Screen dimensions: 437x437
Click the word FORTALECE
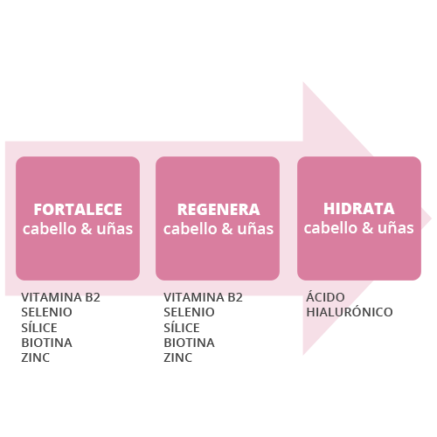point(78,210)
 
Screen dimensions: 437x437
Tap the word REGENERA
point(218,210)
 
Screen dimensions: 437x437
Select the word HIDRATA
point(359,209)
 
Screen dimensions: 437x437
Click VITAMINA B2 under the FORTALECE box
point(60,297)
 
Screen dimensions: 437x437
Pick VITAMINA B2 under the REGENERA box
point(203,297)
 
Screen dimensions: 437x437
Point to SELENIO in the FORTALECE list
point(46,312)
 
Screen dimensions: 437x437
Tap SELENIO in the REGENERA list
point(189,312)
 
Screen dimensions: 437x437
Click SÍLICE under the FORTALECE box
point(39,327)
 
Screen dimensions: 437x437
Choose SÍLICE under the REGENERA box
point(182,327)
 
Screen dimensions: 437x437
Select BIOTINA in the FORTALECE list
point(46,343)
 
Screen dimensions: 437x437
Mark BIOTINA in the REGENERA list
point(189,343)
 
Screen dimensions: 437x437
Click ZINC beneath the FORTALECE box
point(35,357)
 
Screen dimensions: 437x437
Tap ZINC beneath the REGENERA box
point(177,357)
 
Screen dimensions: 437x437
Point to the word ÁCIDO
point(325,296)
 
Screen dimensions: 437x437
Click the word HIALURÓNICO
point(350,311)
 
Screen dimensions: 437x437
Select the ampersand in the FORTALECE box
point(87,229)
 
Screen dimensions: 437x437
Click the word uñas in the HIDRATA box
point(396,228)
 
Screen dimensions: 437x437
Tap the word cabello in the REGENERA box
point(191,229)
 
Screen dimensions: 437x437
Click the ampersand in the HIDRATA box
point(368,228)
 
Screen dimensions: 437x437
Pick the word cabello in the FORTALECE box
point(50,229)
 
